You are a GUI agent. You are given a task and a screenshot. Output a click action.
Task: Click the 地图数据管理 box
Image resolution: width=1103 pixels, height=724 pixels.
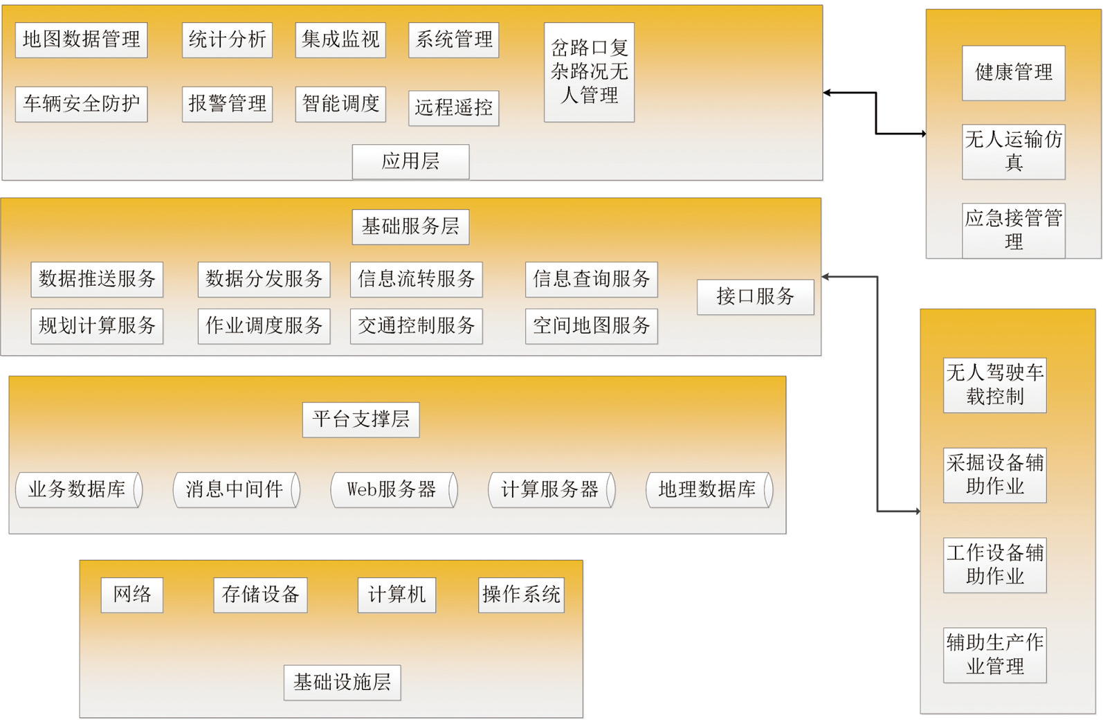pos(81,40)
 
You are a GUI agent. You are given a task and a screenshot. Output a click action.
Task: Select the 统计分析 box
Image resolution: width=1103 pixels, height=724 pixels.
pos(227,40)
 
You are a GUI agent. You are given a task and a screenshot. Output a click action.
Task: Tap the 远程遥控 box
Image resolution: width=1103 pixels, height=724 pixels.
pos(453,108)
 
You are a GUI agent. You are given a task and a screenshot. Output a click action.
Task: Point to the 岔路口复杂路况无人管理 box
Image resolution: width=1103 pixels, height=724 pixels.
pos(589,72)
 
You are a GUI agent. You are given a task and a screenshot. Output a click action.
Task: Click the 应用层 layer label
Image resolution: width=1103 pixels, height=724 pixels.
pos(410,161)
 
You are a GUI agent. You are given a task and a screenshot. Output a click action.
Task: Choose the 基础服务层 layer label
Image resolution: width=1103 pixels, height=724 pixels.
pos(410,227)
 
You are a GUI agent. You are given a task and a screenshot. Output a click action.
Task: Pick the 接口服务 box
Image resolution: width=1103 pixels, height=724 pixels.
pos(756,297)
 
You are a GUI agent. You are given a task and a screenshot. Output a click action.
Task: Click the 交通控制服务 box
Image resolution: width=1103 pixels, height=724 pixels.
pos(416,326)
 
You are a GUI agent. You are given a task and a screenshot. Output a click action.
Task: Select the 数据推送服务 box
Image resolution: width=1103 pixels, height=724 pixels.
pos(97,279)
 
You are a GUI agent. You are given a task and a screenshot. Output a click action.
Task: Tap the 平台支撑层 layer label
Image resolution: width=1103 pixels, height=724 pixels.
pos(361,419)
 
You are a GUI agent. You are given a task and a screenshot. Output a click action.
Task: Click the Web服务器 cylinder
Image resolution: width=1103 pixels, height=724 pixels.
pos(394,489)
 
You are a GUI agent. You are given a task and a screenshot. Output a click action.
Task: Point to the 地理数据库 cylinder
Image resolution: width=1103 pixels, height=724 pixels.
pos(709,489)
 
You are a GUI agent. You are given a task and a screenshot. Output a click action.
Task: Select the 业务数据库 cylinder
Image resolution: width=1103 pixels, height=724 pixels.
pos(79,489)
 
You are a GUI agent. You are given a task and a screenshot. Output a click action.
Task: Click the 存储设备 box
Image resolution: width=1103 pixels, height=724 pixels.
pos(260,595)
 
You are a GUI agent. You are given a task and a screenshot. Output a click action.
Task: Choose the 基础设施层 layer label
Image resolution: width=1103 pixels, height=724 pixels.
pos(343,682)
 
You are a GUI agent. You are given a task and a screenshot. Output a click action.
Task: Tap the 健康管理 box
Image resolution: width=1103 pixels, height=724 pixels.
pos(1014,73)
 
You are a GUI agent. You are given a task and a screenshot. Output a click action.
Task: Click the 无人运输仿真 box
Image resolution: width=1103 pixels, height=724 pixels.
pos(1014,152)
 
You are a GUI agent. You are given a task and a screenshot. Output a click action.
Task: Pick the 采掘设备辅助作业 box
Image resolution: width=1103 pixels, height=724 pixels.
pos(995,476)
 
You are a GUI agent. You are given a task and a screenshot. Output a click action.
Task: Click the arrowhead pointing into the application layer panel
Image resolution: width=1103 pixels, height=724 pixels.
pos(828,93)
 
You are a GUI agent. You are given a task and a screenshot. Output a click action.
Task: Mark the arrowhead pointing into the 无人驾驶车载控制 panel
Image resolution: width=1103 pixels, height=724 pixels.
pos(916,512)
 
